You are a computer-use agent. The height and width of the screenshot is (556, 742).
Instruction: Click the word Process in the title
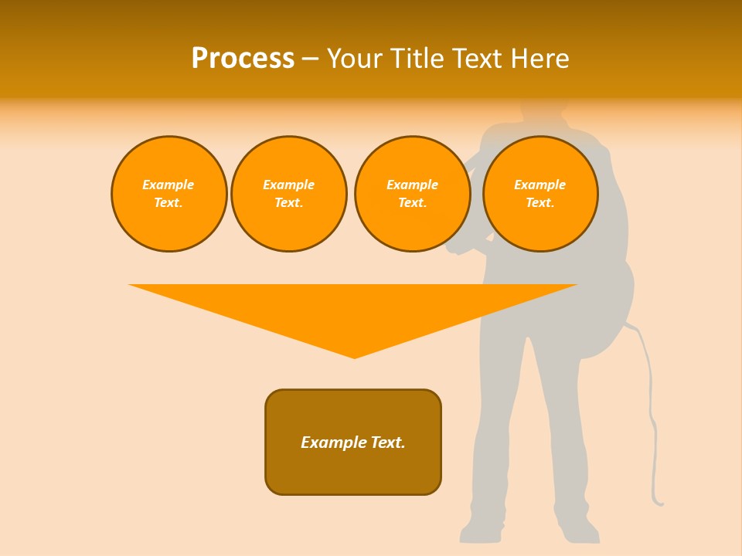point(243,59)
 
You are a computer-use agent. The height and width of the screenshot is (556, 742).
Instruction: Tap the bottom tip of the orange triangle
point(355,356)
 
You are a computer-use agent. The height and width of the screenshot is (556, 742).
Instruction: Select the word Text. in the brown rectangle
point(388,442)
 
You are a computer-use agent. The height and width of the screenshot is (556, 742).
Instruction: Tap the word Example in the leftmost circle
point(168,185)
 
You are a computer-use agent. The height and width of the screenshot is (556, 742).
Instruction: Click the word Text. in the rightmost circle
point(540,202)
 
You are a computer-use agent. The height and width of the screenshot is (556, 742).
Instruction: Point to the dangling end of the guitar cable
point(659,503)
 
